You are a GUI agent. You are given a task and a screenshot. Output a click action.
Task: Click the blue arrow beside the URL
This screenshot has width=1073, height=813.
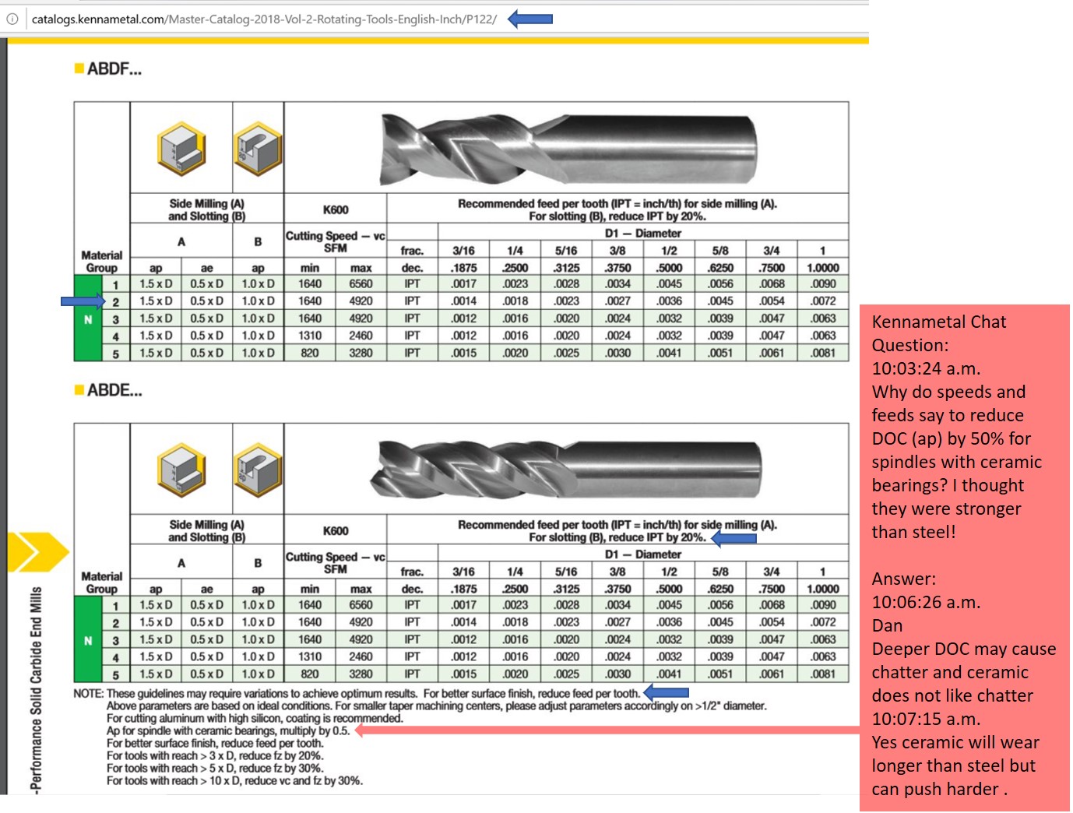(530, 19)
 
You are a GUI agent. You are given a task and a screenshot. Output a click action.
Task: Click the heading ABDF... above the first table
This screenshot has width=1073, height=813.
(114, 69)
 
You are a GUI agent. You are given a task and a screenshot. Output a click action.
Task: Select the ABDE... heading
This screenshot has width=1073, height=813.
(114, 390)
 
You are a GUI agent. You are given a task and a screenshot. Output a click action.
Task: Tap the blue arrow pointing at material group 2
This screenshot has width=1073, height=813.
(83, 301)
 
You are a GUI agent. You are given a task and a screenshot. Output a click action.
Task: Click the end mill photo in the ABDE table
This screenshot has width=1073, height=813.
(568, 467)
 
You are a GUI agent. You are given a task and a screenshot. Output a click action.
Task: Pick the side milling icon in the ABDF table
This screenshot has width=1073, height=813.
(181, 148)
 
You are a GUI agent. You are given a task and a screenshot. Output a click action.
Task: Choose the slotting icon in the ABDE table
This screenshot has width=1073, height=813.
(258, 470)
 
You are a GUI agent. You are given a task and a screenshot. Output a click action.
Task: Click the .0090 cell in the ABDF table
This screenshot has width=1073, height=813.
(822, 284)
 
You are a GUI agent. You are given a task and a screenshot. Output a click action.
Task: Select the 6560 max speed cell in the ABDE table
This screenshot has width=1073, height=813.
(361, 605)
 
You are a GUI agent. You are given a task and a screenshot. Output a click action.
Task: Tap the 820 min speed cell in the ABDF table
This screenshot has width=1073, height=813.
(310, 353)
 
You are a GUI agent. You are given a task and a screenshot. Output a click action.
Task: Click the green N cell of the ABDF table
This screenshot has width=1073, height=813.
(88, 319)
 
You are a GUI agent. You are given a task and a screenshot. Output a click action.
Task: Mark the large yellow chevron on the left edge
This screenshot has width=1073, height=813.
(36, 552)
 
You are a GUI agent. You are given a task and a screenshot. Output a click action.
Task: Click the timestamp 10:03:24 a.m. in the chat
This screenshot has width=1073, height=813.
(926, 368)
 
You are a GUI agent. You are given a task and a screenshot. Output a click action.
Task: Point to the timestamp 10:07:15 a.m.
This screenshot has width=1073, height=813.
(926, 719)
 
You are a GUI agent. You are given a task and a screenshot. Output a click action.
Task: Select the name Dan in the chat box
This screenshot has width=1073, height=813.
(887, 625)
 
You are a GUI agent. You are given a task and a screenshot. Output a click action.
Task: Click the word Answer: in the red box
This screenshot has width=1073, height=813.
(903, 579)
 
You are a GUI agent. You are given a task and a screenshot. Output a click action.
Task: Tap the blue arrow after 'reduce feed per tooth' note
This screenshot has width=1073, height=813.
(667, 692)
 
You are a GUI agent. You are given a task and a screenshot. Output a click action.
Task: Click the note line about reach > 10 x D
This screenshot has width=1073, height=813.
(234, 780)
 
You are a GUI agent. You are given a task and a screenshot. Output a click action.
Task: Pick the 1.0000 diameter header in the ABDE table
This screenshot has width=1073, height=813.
(822, 589)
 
